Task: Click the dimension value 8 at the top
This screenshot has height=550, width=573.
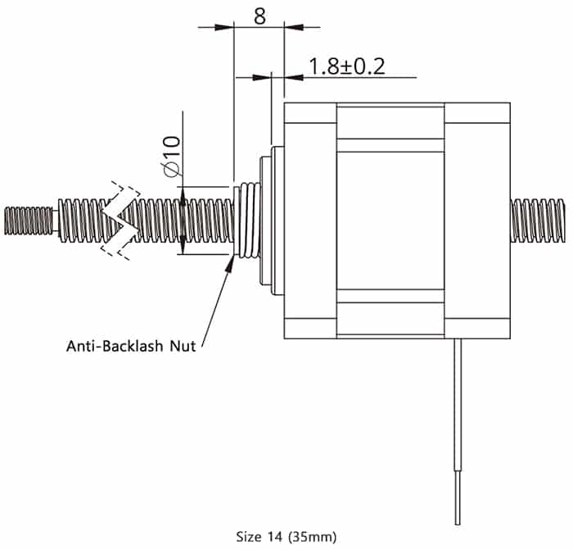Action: [x=259, y=16]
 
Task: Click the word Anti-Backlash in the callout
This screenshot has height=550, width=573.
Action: [x=115, y=346]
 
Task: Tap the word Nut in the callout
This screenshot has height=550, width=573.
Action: [x=182, y=346]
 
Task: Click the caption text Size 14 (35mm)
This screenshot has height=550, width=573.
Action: [x=286, y=538]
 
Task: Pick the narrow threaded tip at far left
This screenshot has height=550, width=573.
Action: [x=29, y=220]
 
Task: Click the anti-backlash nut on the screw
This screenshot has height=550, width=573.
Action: [x=246, y=220]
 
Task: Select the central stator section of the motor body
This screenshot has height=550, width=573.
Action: [x=390, y=220]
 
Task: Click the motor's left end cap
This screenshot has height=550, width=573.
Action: [x=309, y=220]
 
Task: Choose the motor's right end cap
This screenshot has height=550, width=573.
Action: [x=476, y=220]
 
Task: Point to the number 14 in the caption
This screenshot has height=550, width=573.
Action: [x=271, y=538]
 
